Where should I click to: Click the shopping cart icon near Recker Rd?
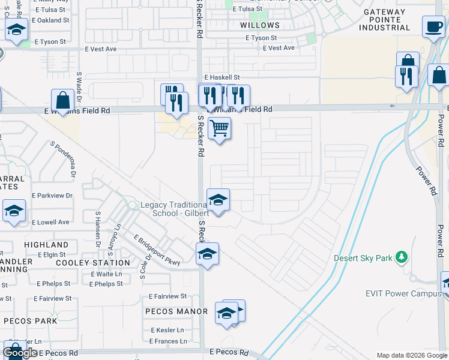tap(219, 128)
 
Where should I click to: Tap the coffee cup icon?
tap(433, 26)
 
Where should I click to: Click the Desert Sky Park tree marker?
tap(402, 258)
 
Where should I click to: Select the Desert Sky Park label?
tap(363, 259)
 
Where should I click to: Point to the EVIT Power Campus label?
tap(403, 293)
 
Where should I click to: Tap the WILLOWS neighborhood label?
tap(259, 25)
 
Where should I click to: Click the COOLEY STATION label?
tap(92, 263)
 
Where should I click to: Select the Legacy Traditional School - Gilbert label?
tap(174, 209)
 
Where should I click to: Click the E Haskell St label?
tap(221, 77)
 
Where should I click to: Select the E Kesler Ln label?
tap(167, 331)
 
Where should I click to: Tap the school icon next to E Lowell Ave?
tap(14, 212)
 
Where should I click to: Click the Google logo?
tap(20, 353)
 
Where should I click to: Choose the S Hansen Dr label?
tap(97, 229)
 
